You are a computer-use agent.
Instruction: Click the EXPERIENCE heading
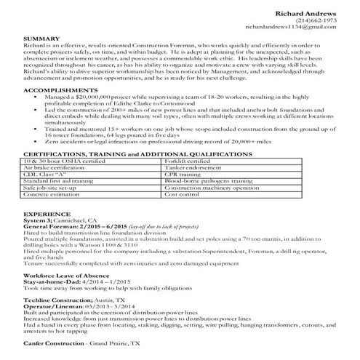[x=43, y=216]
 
